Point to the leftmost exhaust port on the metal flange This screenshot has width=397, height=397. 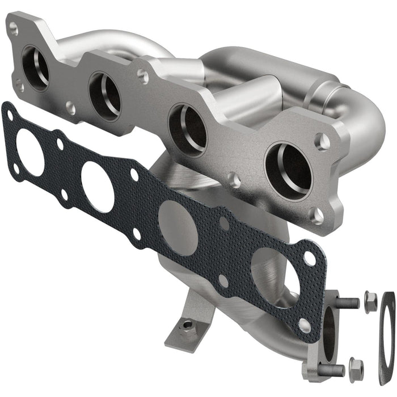pos(36,68)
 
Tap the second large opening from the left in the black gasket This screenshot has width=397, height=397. pos(98,187)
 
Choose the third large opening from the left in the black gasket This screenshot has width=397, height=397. pos(178,227)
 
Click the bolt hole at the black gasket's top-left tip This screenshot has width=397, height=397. pos(10,115)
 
